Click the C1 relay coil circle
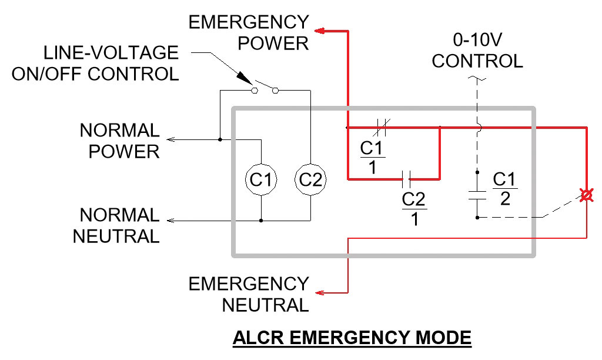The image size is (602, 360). coord(260,180)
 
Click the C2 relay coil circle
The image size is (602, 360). coord(310,180)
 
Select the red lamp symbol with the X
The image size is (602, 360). coord(586,195)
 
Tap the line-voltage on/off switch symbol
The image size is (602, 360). coord(265,89)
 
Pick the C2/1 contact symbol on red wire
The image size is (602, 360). coord(406,179)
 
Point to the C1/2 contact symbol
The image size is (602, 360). coord(477,195)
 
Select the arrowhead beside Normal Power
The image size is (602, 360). coord(170,140)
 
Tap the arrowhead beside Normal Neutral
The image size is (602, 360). coord(170,221)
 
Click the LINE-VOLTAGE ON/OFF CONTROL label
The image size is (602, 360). coord(111,64)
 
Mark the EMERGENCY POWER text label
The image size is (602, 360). coord(249,33)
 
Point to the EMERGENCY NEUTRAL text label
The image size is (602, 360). coord(249,294)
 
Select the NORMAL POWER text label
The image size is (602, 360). coord(120,141)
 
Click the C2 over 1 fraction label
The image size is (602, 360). coord(414,209)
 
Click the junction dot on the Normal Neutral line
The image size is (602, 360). coord(260,221)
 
